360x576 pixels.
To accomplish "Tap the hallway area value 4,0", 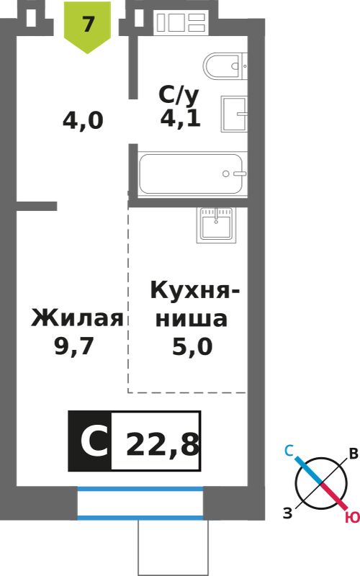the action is point(83,120).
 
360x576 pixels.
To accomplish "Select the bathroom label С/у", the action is point(179,95).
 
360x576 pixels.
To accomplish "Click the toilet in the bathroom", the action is point(225,66).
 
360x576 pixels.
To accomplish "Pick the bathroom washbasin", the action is point(233,114).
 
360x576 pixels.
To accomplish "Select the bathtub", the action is point(191,174).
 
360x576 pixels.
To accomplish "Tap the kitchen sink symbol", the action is point(217,225).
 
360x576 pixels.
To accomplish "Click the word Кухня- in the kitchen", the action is point(194,291).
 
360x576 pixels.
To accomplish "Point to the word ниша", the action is point(192,318).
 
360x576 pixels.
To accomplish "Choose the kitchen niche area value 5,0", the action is point(192,346).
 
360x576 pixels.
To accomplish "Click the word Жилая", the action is point(78,318).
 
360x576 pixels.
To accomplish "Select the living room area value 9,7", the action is point(75,346).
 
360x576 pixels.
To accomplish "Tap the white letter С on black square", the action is point(94,441).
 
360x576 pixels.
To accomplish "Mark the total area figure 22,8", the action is point(163,444).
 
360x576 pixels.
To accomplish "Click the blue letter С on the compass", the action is point(289,451).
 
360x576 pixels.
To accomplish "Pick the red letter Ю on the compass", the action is point(352,518).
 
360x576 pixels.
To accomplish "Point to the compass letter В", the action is point(354,454).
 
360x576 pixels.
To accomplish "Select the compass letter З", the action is point(287,513).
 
